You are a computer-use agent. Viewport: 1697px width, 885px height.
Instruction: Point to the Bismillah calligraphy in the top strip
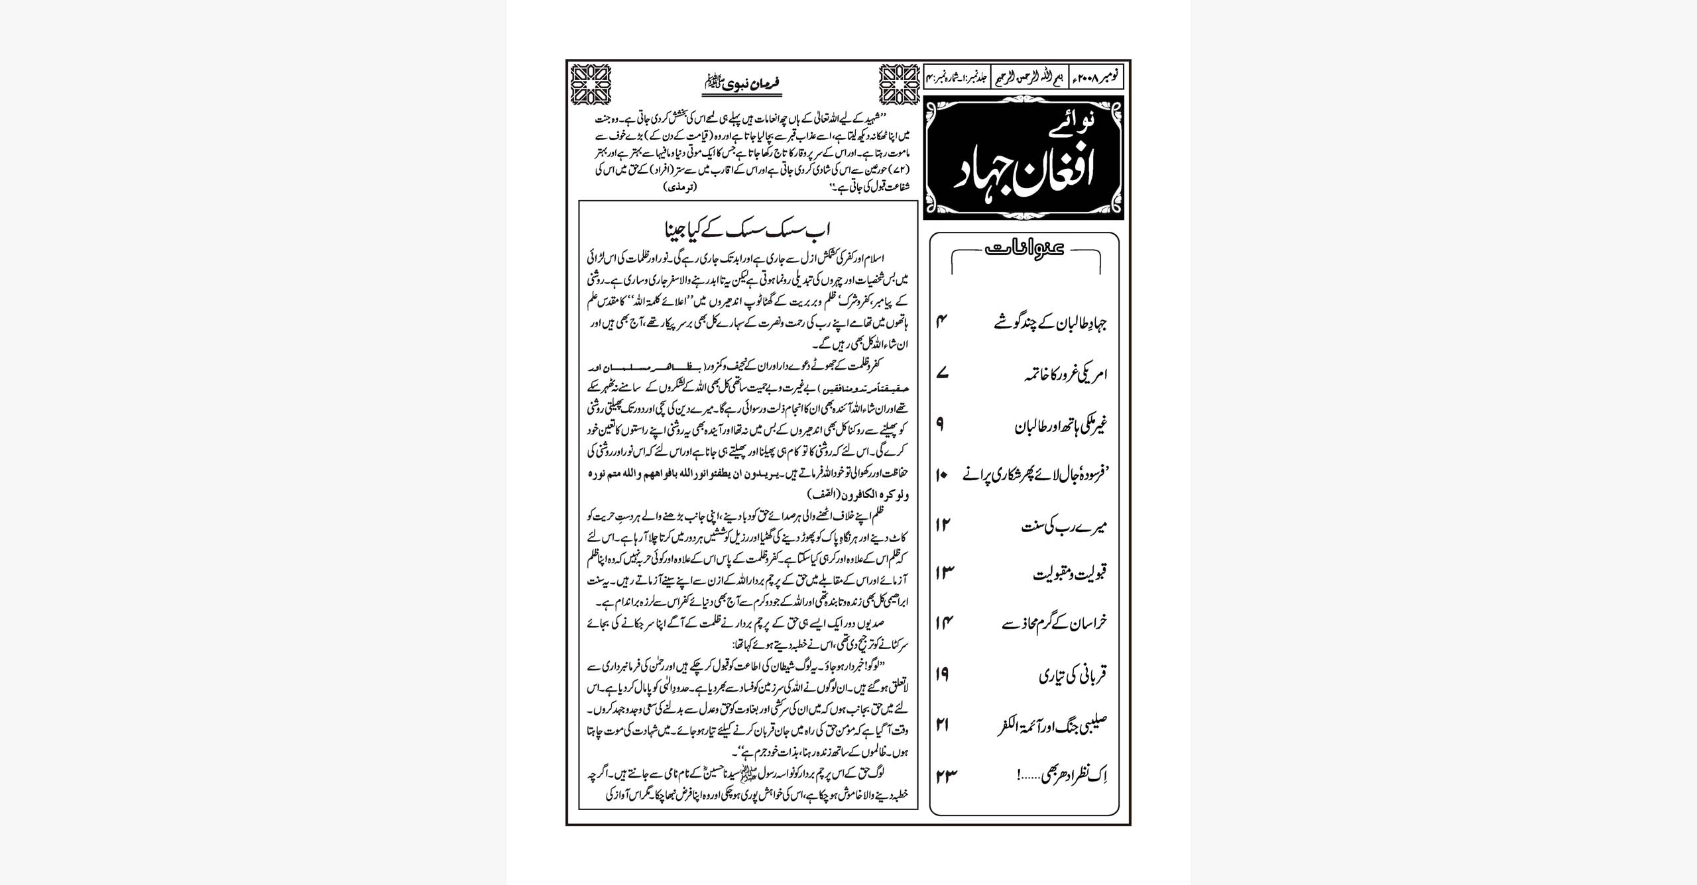pos(1028,78)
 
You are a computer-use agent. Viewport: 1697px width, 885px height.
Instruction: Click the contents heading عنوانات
pos(1025,248)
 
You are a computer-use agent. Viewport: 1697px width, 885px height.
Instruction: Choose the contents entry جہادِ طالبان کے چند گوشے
pos(1051,323)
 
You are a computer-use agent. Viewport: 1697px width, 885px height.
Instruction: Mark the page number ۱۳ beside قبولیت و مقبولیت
pos(944,573)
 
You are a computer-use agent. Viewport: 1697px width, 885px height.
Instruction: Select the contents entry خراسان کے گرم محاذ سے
pos(1054,623)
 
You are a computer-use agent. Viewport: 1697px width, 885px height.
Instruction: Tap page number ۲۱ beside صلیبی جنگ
pos(943,725)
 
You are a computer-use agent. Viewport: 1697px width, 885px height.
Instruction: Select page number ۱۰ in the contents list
pos(942,476)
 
